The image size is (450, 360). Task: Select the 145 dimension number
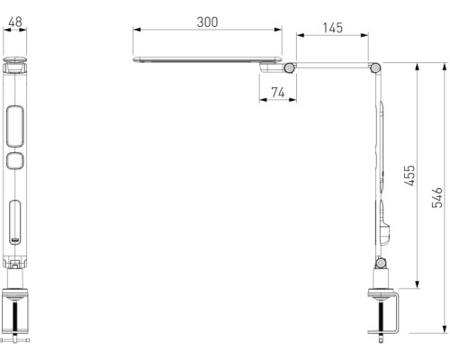(x=332, y=27)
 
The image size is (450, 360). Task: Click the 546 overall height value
(x=436, y=198)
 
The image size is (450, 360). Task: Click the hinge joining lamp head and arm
(x=288, y=67)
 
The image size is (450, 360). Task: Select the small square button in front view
(x=15, y=162)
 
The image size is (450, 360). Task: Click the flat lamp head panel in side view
(x=207, y=60)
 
